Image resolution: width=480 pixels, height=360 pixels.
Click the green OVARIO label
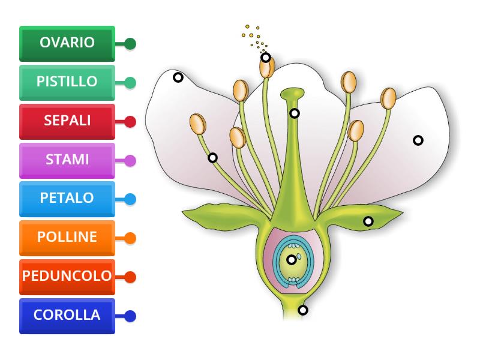point(67,43)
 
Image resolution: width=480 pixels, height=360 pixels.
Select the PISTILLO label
point(67,82)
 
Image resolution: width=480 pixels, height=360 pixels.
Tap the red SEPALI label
point(67,121)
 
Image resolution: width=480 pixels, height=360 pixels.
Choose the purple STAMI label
point(67,160)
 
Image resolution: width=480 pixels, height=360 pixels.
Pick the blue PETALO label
point(67,198)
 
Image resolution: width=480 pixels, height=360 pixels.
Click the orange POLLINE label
point(67,238)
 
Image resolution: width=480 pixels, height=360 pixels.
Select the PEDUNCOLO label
point(67,277)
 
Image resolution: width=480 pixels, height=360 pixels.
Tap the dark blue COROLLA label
point(67,316)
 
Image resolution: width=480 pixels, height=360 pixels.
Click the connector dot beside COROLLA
point(130,316)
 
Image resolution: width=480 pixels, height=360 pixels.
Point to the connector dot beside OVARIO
point(130,44)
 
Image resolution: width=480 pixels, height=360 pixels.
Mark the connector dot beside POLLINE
point(130,238)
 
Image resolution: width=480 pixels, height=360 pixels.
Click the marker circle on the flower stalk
point(303,310)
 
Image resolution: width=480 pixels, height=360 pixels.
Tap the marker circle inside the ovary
point(292,260)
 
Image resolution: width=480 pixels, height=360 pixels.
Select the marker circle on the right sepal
point(368,221)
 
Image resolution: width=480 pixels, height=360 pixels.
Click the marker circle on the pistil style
point(294,113)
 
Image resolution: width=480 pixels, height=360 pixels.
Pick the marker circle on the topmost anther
point(266,58)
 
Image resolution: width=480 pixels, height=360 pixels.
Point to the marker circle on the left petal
point(178,77)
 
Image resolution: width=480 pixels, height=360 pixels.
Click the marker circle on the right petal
point(418,140)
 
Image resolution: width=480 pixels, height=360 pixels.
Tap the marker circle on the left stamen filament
point(212,158)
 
